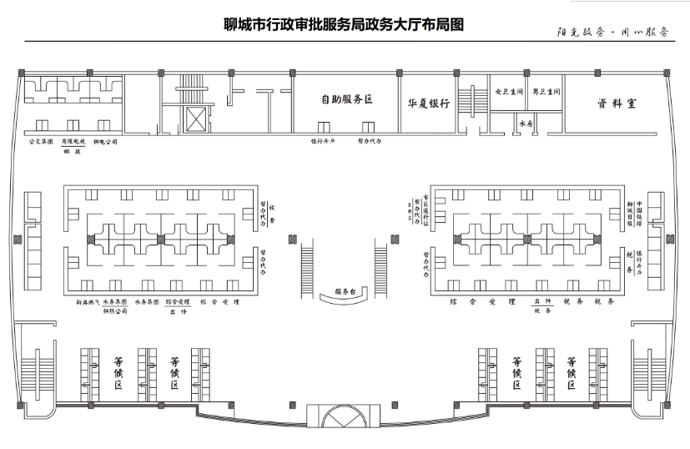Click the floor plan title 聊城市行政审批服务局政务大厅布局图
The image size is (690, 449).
343,24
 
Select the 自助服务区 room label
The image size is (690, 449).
346,99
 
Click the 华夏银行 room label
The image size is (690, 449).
429,103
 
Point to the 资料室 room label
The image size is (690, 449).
617,103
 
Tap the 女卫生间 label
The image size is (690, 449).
508,91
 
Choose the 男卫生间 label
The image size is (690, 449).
546,91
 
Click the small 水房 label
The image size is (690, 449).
526,123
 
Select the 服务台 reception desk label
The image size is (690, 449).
345,292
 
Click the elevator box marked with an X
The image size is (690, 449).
196,119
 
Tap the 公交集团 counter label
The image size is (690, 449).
41,143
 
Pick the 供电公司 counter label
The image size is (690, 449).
106,143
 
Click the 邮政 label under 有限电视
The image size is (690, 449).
73,152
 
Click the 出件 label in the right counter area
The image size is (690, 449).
542,300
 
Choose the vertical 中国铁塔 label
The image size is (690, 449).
640,214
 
